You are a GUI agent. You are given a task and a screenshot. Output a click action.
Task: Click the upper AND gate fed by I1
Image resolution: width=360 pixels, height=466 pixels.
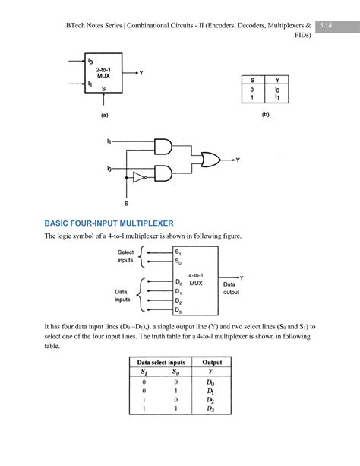[x=164, y=147]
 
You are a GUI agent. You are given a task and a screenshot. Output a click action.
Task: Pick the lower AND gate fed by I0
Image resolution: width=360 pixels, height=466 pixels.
[x=164, y=174]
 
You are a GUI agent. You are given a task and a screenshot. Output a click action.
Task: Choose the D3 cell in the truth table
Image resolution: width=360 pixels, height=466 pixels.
[x=212, y=409]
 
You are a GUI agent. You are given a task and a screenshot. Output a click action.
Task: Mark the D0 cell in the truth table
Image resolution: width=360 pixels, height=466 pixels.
[x=212, y=382]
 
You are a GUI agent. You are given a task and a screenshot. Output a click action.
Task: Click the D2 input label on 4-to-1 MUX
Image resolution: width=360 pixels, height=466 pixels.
[x=178, y=300]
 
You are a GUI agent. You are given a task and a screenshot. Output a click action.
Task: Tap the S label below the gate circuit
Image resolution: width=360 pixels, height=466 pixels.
[x=127, y=204]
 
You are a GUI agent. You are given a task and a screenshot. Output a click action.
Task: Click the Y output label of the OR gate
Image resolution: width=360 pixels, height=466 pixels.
[x=238, y=160]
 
